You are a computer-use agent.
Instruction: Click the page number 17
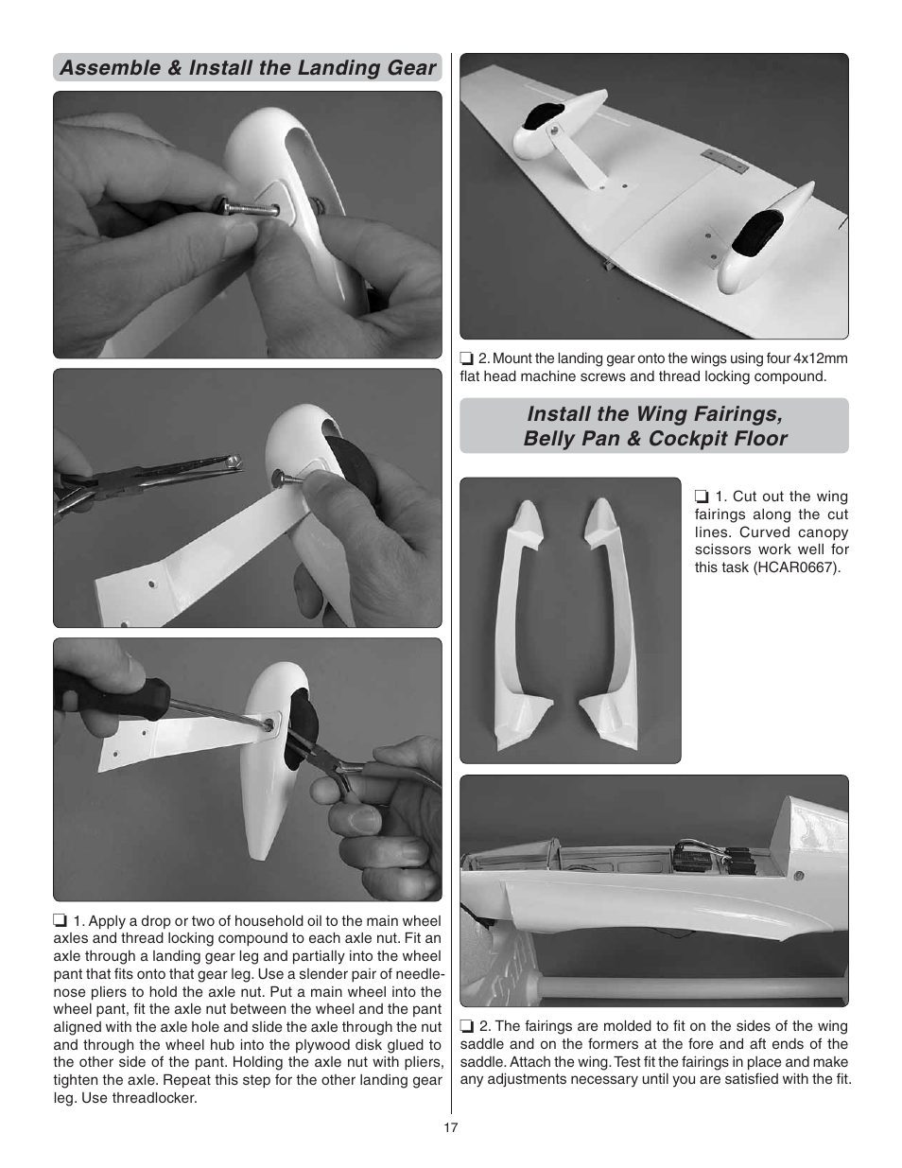451,1126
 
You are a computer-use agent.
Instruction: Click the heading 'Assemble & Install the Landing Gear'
248,68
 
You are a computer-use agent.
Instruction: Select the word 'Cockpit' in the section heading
687,439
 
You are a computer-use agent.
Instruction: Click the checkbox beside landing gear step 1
60,921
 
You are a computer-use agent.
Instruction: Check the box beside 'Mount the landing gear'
466,358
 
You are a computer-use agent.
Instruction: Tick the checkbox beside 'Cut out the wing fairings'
702,497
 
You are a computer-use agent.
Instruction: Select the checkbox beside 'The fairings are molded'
466,1026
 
